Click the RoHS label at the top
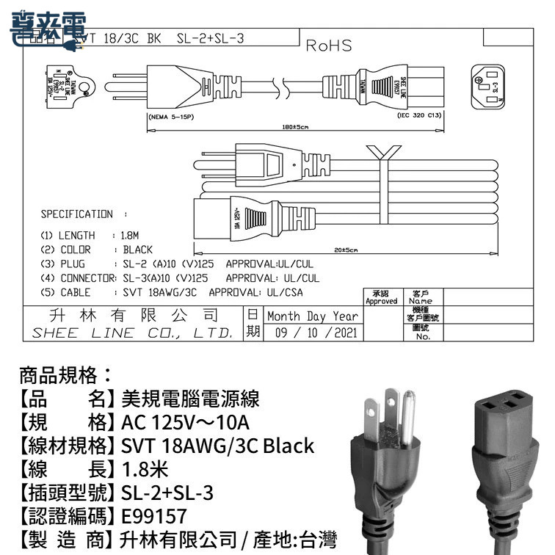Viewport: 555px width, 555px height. (x=328, y=46)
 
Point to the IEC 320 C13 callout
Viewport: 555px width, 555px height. (x=418, y=116)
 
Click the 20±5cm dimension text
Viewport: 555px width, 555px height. (x=345, y=251)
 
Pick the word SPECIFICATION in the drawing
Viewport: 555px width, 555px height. (x=76, y=214)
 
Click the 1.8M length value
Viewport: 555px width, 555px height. (x=129, y=236)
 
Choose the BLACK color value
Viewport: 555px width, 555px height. (x=137, y=250)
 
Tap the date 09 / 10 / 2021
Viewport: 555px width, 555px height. (x=314, y=333)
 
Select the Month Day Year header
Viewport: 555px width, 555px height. (x=313, y=316)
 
